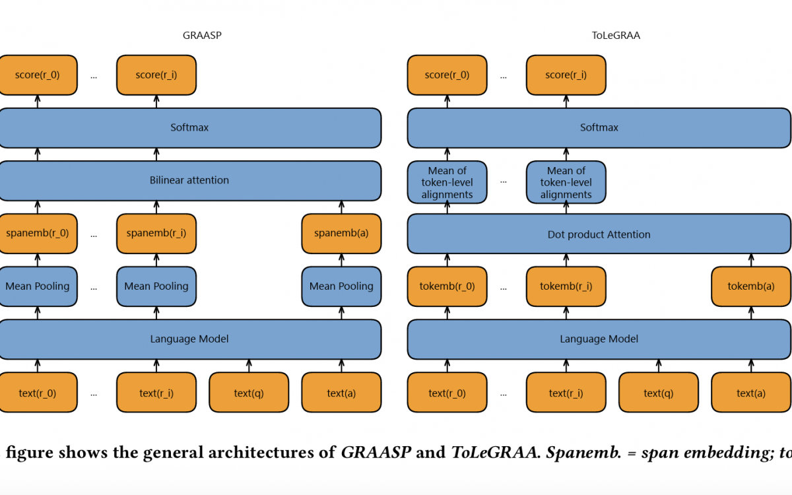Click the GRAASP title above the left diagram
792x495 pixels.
coord(202,36)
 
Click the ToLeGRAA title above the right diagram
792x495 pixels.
coord(616,36)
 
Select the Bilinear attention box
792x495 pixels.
coord(190,181)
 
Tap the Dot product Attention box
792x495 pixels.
coord(599,234)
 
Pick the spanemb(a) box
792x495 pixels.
coord(341,234)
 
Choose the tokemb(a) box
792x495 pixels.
coord(751,286)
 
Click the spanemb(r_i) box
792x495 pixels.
coord(156,234)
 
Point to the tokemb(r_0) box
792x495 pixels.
coord(447,286)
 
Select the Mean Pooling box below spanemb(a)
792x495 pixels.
coord(341,286)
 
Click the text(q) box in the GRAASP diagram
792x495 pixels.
coord(249,392)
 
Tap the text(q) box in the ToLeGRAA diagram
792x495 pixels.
coord(659,392)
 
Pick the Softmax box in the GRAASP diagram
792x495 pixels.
coord(190,127)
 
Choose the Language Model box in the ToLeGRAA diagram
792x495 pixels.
coord(599,339)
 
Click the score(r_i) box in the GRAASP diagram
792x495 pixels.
coord(156,75)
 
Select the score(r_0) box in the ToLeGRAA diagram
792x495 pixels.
coord(447,75)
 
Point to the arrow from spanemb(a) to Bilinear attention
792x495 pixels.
coord(341,207)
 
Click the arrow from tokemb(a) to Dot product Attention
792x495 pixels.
coord(751,260)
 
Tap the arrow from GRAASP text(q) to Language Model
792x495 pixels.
coord(249,366)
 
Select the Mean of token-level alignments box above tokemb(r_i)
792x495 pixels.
coord(566,182)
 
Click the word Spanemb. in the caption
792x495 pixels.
coord(583,453)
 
